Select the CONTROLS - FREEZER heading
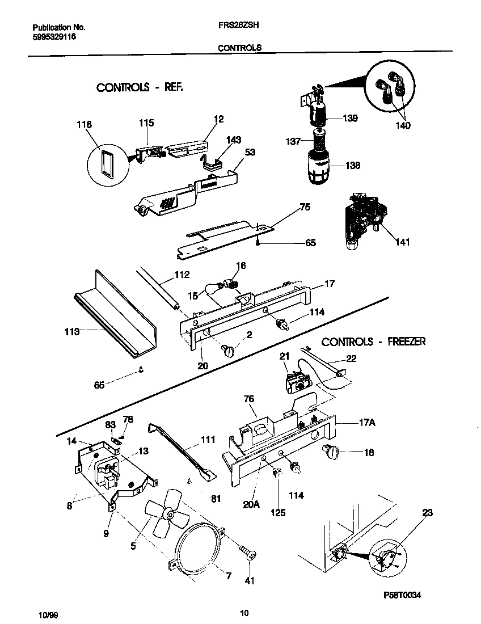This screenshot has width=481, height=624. point(373,341)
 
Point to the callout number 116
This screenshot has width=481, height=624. point(84,124)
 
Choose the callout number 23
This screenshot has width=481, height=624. point(427,513)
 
